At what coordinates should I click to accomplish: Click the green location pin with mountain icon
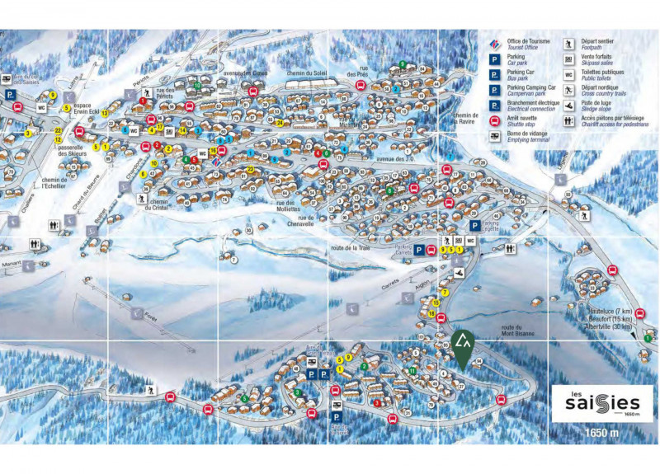click(463, 346)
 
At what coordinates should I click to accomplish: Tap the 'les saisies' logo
click(602, 402)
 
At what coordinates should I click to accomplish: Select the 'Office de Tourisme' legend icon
click(495, 43)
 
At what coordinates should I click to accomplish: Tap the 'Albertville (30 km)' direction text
click(609, 326)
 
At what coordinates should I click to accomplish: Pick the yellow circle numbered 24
click(280, 124)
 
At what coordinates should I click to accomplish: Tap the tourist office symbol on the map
click(216, 162)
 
